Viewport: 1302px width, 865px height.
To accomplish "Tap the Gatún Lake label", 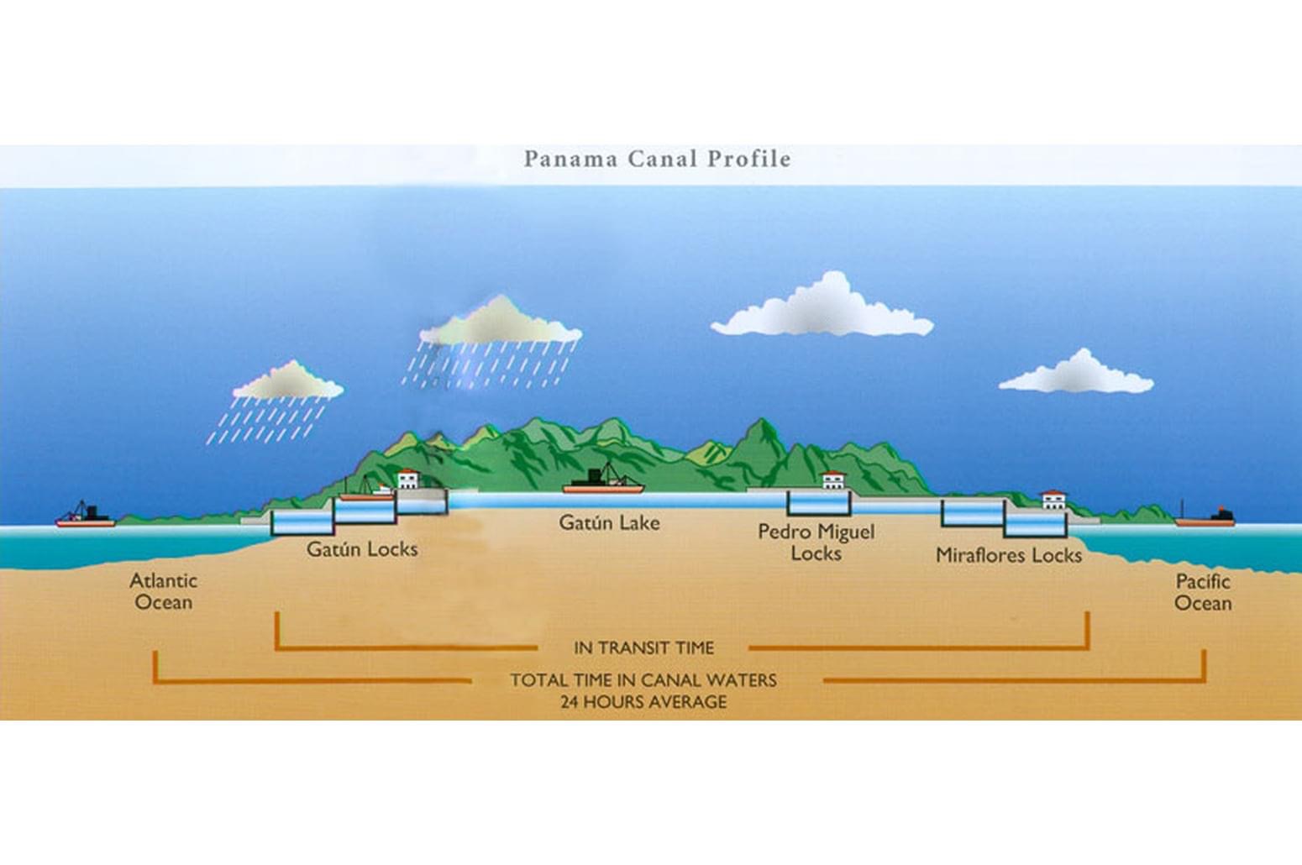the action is coord(609,523).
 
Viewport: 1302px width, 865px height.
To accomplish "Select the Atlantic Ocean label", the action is coord(163,591).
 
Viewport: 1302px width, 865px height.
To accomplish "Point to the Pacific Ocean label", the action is coord(1203,592).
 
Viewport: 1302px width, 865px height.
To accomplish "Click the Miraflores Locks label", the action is coord(1009,555).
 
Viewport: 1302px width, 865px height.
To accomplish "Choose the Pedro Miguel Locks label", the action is coord(816,542).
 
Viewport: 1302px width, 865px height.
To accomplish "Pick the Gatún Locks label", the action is coord(362,549).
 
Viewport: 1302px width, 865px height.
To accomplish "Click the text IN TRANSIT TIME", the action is coord(644,647).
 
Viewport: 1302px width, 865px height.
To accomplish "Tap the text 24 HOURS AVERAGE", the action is coord(643,702).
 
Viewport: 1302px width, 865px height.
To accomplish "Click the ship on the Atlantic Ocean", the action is coord(86,516).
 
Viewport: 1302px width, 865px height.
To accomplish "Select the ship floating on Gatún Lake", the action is coord(603,480).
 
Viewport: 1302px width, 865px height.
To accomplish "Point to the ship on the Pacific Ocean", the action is coord(1205,517).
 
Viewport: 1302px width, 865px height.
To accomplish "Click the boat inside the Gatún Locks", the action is coord(367,491).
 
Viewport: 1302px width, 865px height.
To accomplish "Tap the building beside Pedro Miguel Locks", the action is coord(833,480).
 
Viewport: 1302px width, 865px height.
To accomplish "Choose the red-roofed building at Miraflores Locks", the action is coord(1054,501).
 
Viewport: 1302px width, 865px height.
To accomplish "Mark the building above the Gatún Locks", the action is coord(408,479).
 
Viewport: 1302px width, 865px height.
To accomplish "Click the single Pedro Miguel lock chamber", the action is coord(819,503).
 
